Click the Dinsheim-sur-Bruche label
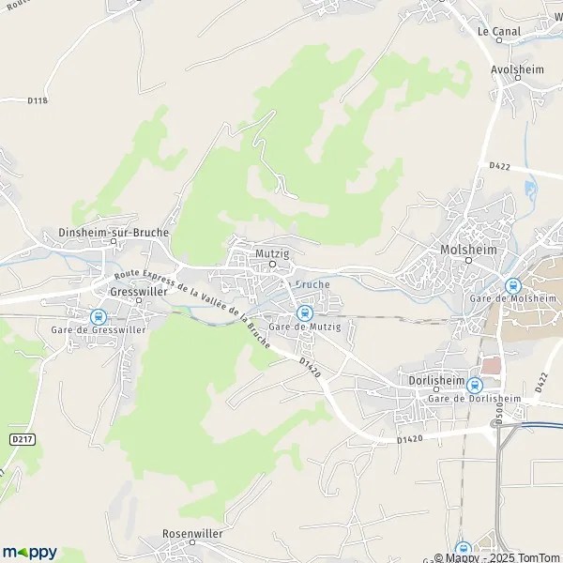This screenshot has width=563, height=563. [113, 231]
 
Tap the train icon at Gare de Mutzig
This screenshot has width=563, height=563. [303, 312]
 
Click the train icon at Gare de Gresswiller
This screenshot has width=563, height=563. [98, 317]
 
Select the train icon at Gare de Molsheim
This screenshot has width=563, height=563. [512, 285]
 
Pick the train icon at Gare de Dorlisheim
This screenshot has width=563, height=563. [474, 385]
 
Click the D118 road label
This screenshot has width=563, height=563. [38, 100]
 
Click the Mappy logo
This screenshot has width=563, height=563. [29, 552]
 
